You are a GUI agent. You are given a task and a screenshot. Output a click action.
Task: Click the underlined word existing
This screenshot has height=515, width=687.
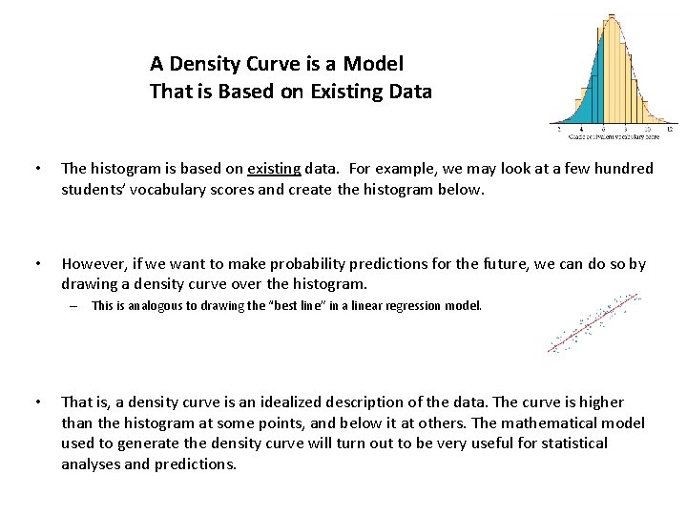[274, 169]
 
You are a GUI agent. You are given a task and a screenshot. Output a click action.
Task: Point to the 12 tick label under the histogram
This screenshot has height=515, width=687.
[670, 130]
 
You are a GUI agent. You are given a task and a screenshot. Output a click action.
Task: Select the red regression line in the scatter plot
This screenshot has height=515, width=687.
[592, 325]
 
